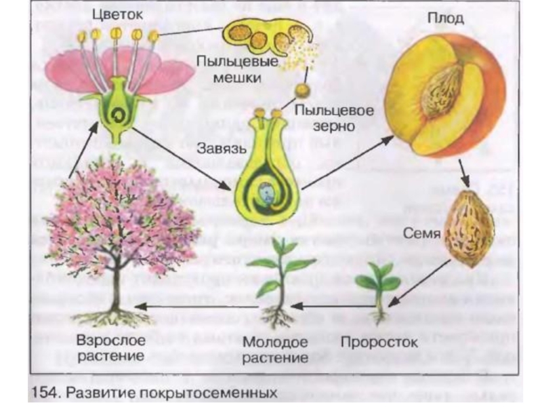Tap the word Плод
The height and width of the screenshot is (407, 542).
(x=446, y=18)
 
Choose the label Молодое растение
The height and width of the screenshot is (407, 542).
(x=275, y=348)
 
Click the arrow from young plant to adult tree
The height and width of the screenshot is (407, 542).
(x=196, y=307)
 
